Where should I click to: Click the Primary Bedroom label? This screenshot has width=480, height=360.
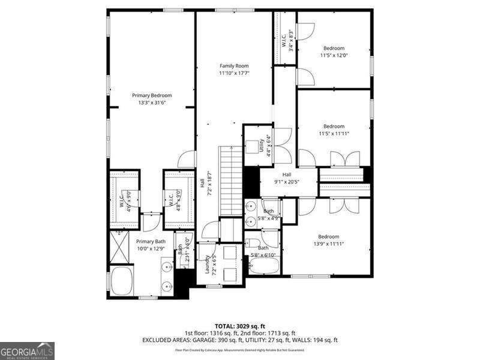(152, 95)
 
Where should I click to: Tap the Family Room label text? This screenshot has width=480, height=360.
(233, 66)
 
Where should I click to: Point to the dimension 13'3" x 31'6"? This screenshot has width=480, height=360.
(152, 103)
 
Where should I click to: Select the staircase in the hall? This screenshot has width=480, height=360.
(231, 180)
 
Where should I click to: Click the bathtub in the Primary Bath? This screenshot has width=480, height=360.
(122, 281)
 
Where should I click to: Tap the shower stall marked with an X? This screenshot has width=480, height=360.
(119, 247)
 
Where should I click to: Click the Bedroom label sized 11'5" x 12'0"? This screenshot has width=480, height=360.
(334, 48)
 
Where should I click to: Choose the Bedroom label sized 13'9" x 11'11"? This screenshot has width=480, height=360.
(328, 236)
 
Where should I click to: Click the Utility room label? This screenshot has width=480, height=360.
(262, 146)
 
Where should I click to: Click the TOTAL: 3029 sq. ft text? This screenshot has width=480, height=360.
(239, 326)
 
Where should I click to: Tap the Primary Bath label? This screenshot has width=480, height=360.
(142, 241)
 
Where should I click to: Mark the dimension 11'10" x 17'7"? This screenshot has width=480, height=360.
(233, 73)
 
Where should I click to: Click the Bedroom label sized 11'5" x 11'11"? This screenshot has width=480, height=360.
(334, 127)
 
